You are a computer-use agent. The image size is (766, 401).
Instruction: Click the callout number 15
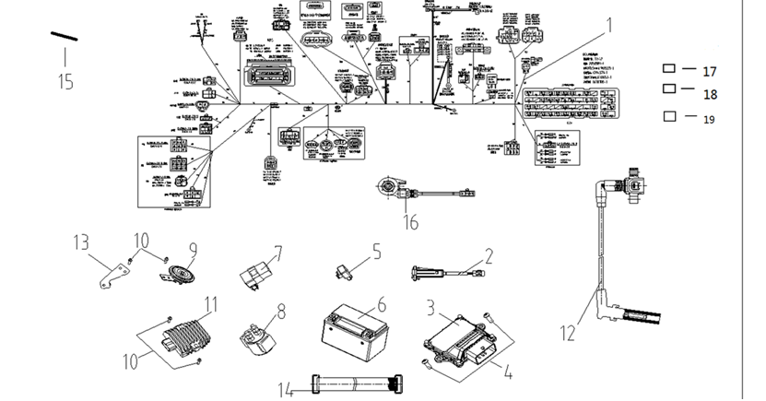click(x=65, y=82)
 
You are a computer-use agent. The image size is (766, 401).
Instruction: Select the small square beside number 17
click(x=669, y=69)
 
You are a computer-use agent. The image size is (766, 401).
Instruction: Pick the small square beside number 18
click(x=669, y=88)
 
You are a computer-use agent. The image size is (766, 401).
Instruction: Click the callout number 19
click(x=709, y=120)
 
